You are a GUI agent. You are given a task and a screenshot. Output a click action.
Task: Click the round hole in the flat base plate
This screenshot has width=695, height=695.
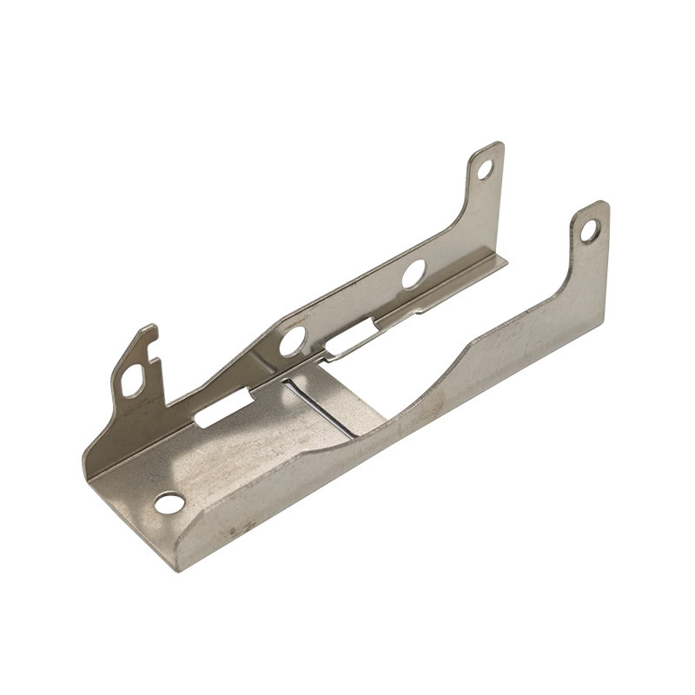click(x=169, y=502)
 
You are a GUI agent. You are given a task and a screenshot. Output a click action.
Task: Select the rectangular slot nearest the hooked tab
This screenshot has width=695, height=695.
click(x=223, y=408)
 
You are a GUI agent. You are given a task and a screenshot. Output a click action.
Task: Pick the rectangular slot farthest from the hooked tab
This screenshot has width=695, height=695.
click(x=351, y=338)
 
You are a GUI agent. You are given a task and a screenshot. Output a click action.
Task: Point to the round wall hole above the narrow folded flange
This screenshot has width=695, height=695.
click(x=414, y=274)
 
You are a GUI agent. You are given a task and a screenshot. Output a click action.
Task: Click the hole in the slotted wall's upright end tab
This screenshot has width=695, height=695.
click(x=485, y=169)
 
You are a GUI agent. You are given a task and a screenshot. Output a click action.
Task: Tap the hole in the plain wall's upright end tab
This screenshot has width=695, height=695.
click(x=590, y=230)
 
